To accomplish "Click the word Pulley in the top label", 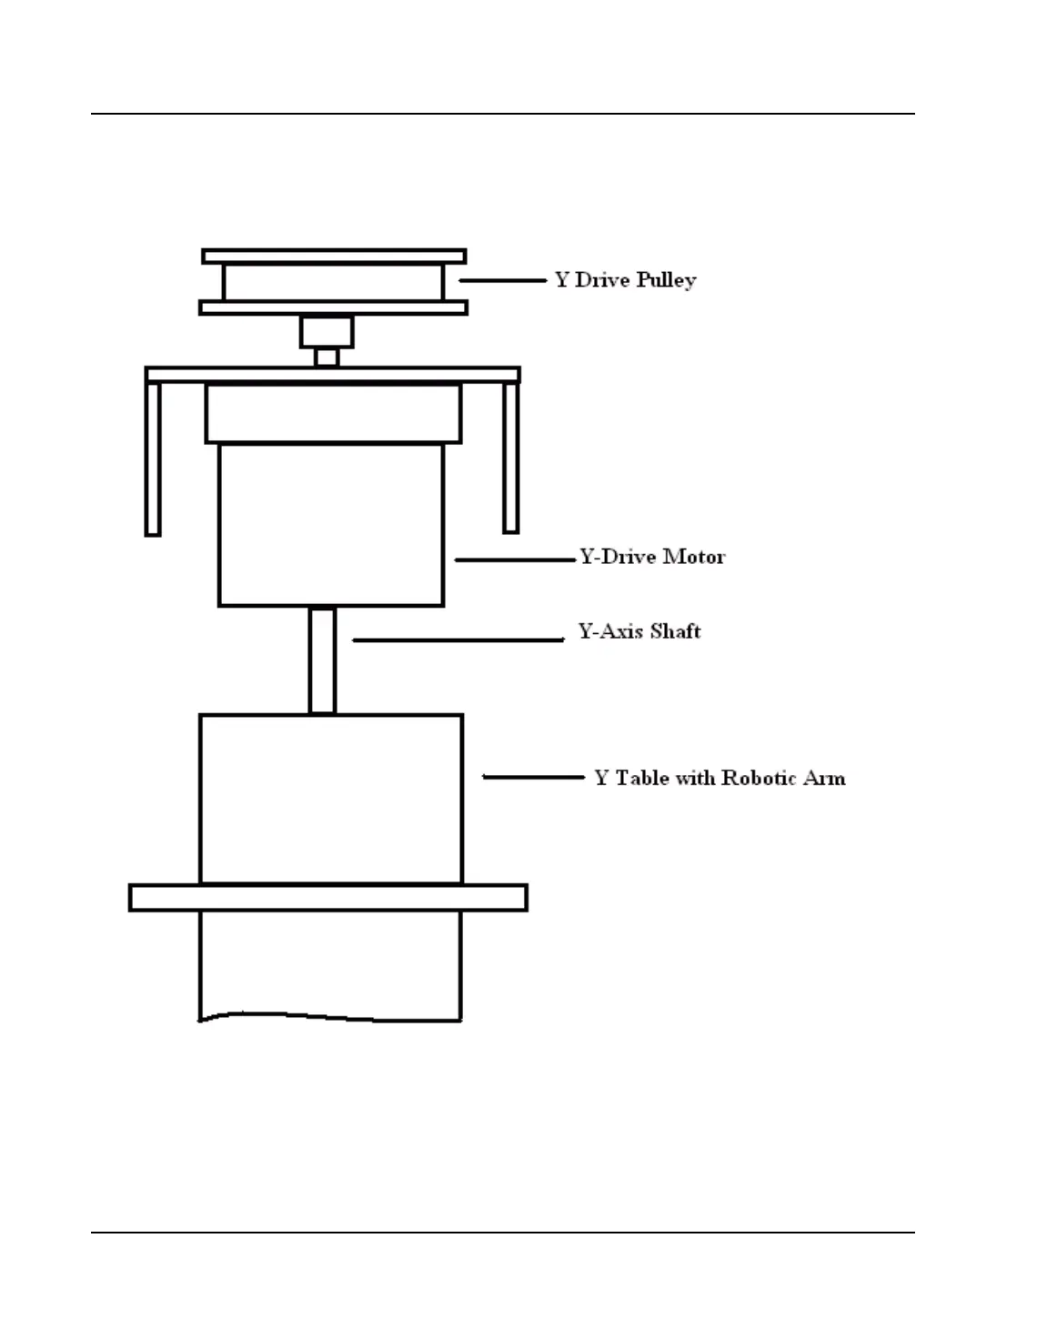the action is [666, 280].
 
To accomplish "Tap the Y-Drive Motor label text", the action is [652, 557].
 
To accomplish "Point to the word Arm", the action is [826, 779].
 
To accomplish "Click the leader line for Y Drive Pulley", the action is [502, 280].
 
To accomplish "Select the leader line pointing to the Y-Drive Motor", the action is [515, 559].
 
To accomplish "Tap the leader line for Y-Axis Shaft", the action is [458, 640].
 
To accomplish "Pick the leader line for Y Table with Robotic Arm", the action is [533, 777].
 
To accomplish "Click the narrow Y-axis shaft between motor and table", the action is [322, 660].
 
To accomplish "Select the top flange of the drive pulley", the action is [334, 257].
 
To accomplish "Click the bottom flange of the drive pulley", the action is [334, 308].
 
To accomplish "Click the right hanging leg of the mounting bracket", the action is [511, 458].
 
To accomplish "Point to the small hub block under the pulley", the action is [327, 332].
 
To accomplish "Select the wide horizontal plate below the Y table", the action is [327, 898].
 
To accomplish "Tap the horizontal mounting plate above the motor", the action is [333, 375].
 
